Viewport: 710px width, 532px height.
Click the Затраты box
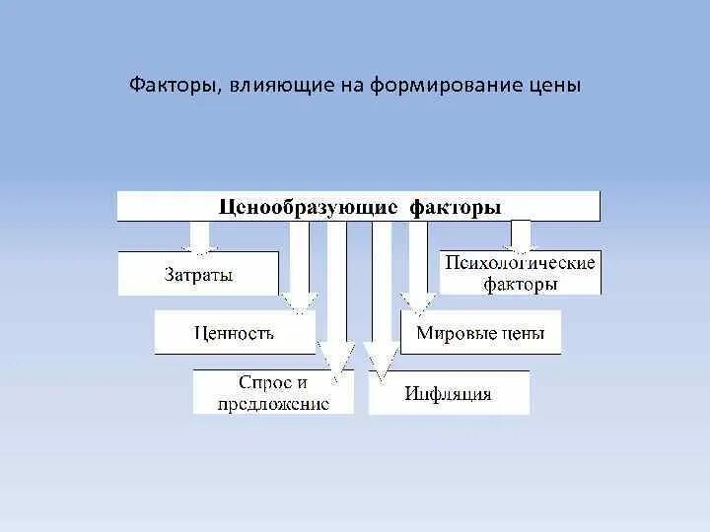[198, 274]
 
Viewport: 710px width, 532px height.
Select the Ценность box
[234, 332]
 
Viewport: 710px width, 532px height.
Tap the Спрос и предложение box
[273, 392]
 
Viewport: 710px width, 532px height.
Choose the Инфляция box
[448, 394]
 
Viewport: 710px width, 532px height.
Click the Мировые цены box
[479, 332]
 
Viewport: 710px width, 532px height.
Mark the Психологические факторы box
[520, 273]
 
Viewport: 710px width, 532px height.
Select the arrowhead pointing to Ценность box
[299, 299]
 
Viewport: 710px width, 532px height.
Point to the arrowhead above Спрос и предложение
[337, 359]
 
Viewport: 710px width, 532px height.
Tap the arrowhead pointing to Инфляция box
[380, 359]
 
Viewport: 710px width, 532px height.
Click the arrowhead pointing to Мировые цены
[418, 299]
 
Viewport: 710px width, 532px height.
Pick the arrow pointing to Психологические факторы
[520, 235]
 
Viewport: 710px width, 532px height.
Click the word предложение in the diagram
[273, 404]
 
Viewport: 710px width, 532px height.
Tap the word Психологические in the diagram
[520, 263]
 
